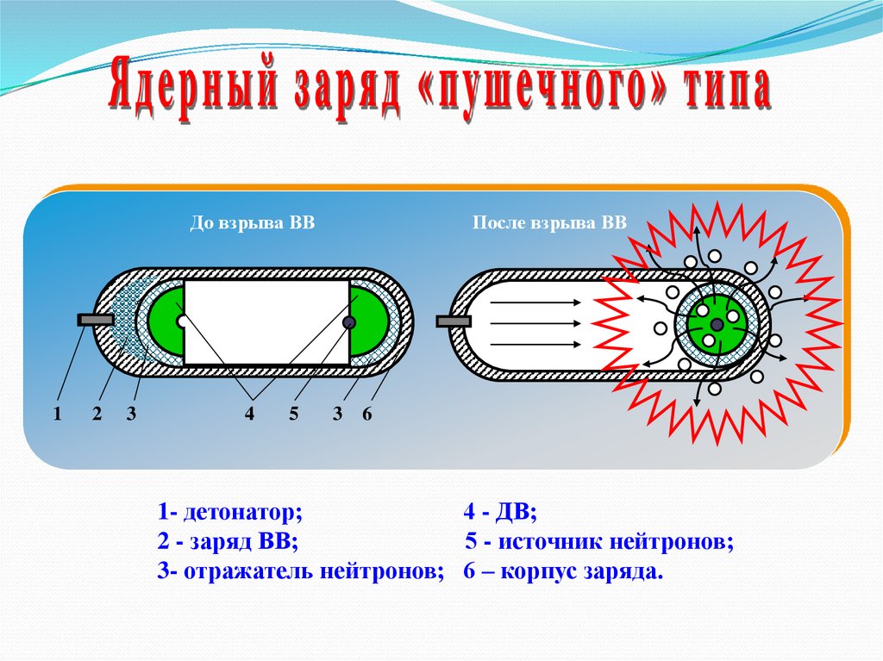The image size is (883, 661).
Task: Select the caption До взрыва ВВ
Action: pos(252,223)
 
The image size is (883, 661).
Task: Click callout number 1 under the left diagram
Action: pos(57,415)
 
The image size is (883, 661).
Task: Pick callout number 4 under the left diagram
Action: pos(249,415)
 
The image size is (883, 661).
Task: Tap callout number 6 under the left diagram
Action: pos(366,415)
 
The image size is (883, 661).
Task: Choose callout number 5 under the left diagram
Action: pos(293,415)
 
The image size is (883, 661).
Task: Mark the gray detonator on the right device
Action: pos(453,321)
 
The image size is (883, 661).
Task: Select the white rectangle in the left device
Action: pos(266,321)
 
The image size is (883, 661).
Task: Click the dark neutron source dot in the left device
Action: pos(349,322)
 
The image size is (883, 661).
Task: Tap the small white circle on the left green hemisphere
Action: pos(181,321)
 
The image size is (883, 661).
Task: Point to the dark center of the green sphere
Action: pos(717,323)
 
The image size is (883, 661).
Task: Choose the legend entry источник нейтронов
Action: pos(598,543)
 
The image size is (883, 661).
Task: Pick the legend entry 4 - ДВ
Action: pos(499,514)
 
